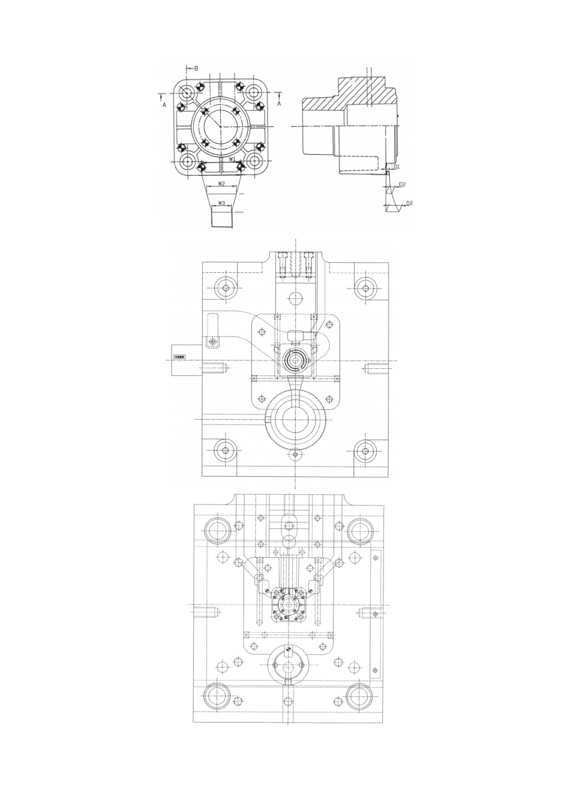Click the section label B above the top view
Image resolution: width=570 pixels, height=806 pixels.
(196, 68)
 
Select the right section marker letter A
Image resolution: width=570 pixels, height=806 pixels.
(279, 104)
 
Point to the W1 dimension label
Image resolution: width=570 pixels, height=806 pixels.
(233, 160)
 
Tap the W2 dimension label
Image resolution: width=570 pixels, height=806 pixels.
(221, 184)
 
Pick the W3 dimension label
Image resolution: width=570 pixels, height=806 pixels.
(221, 203)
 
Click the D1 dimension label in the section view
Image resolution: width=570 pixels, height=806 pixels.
(396, 166)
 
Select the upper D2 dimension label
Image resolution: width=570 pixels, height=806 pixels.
(403, 184)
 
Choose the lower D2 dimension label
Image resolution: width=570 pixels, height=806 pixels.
(409, 203)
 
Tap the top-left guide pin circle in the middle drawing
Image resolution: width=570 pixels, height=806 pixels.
(226, 288)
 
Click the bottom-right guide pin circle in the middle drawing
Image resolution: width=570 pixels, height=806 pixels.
(364, 452)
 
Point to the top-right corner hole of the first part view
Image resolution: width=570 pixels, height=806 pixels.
(254, 93)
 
